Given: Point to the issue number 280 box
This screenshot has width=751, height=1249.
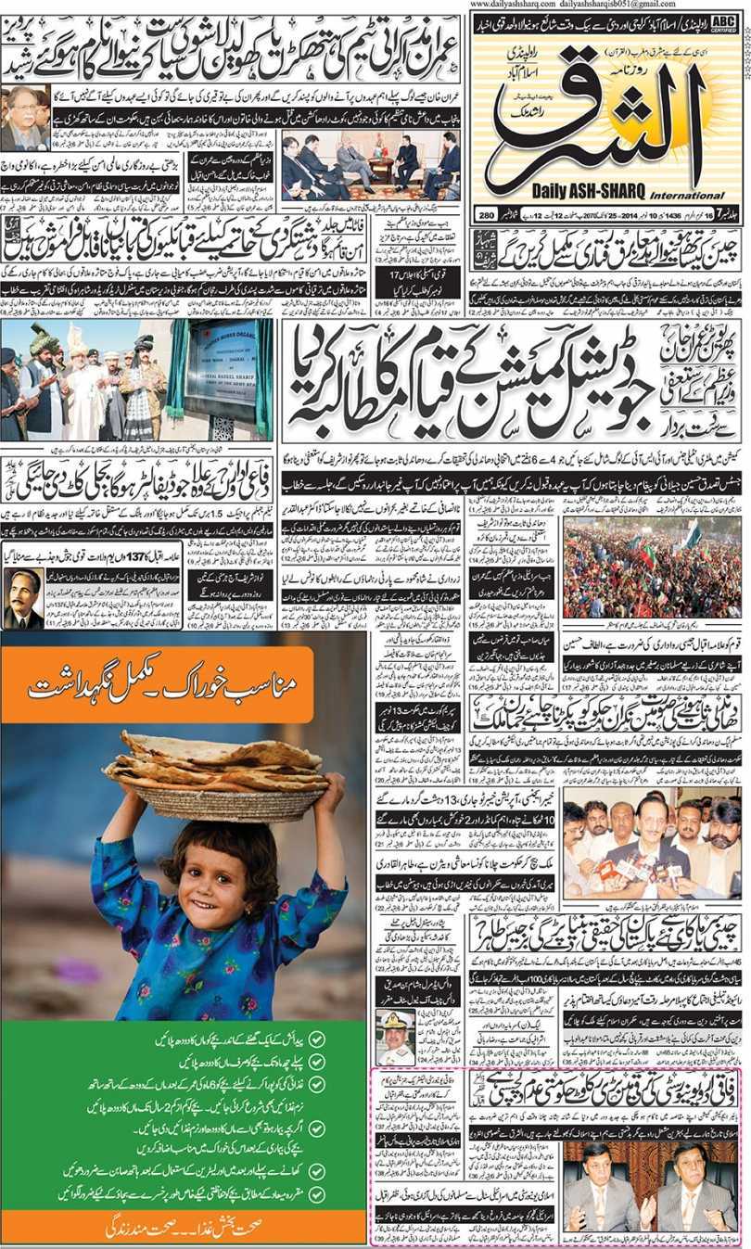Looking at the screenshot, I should tap(486, 217).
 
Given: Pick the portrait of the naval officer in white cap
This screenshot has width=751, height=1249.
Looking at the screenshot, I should tap(395, 1038).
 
